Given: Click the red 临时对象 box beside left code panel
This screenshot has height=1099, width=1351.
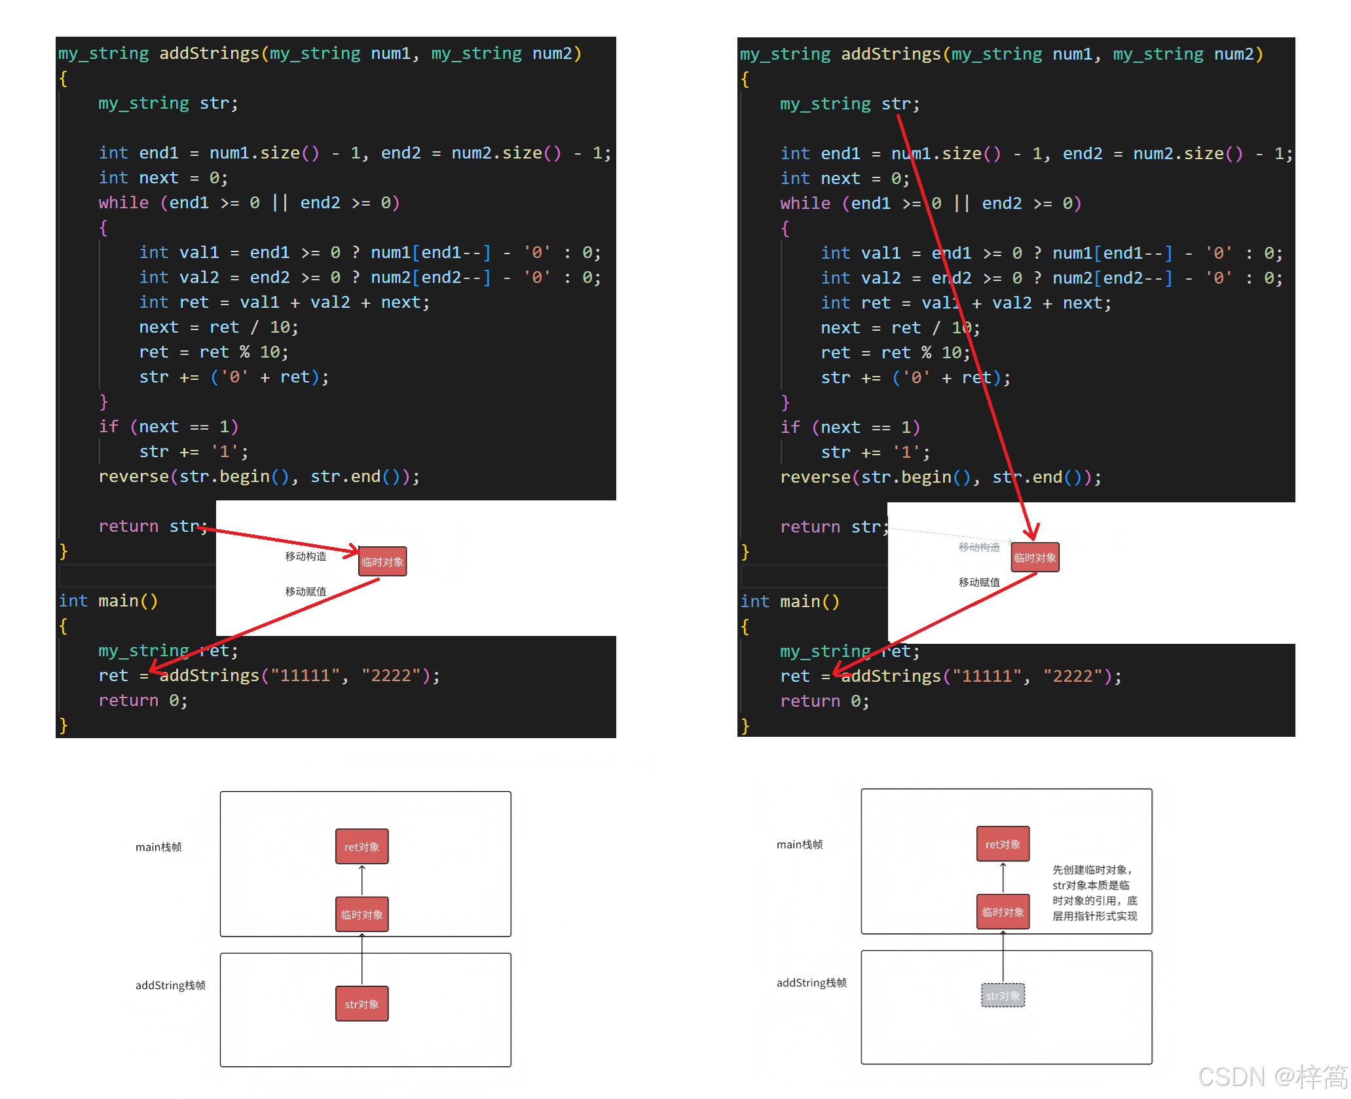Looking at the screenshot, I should [382, 562].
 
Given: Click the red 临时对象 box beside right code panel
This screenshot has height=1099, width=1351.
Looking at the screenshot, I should [1035, 558].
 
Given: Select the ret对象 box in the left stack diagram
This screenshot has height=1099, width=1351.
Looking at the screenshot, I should [361, 847].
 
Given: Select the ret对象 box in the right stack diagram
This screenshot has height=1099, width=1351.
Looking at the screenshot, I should [1003, 844].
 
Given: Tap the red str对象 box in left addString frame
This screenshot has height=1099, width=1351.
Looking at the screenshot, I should [361, 1004].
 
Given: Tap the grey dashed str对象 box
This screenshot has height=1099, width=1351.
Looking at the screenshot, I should [1003, 996].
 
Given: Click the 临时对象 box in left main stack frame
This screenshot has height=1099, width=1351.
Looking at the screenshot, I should [361, 914].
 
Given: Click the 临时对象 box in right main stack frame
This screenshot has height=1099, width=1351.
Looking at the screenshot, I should [1003, 912].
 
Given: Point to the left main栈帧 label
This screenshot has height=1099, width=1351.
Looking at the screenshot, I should [158, 847].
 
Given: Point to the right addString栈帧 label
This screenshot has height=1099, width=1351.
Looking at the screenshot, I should [811, 982].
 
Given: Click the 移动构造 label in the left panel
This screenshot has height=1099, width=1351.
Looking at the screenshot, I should [305, 556].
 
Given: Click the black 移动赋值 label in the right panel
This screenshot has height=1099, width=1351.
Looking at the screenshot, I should [979, 582].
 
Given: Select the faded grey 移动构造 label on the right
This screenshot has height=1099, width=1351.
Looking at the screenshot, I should [979, 547].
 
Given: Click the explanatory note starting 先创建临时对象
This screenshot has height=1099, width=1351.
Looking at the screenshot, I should [1094, 893].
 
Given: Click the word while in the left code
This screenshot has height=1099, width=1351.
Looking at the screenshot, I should [124, 202].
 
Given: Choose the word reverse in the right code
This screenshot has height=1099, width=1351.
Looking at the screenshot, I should [815, 477].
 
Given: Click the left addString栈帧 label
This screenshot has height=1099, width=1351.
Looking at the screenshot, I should [170, 985].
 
